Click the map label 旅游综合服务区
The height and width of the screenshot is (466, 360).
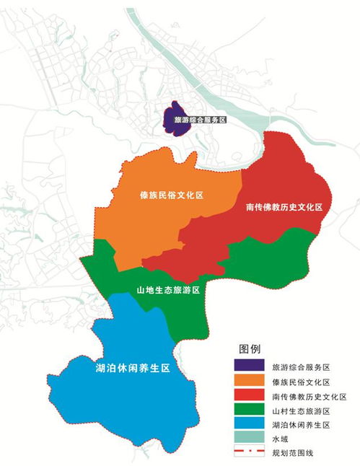pos(196,121)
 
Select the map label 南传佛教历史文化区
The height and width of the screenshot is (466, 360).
pos(284,207)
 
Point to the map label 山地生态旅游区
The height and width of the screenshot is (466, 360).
pos(168,289)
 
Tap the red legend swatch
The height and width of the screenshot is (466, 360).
pos(247,397)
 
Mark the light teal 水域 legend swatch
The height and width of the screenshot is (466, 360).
pos(247,441)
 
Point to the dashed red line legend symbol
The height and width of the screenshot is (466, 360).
pos(247,454)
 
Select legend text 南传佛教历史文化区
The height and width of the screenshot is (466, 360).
pos(309,397)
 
